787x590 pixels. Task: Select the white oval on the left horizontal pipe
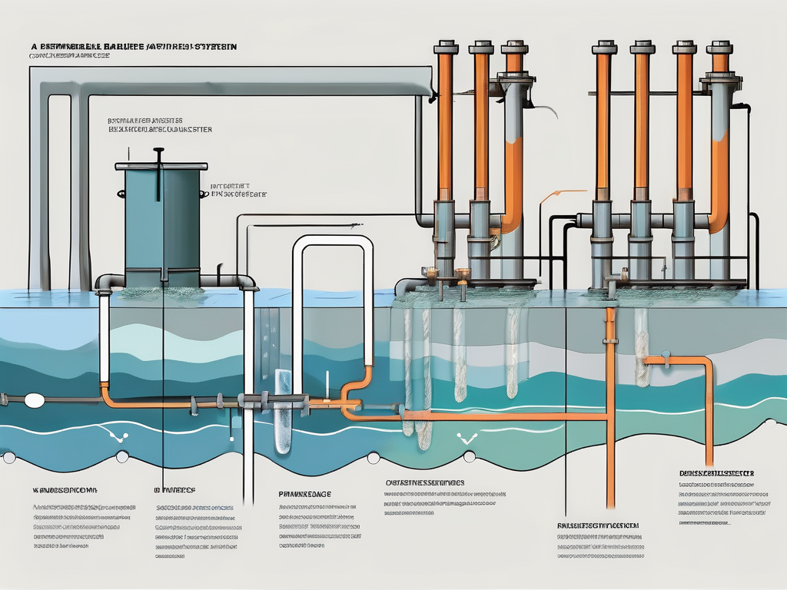click(33, 400)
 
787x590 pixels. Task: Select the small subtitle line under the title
click(69, 57)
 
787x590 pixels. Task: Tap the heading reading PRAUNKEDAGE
click(304, 494)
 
